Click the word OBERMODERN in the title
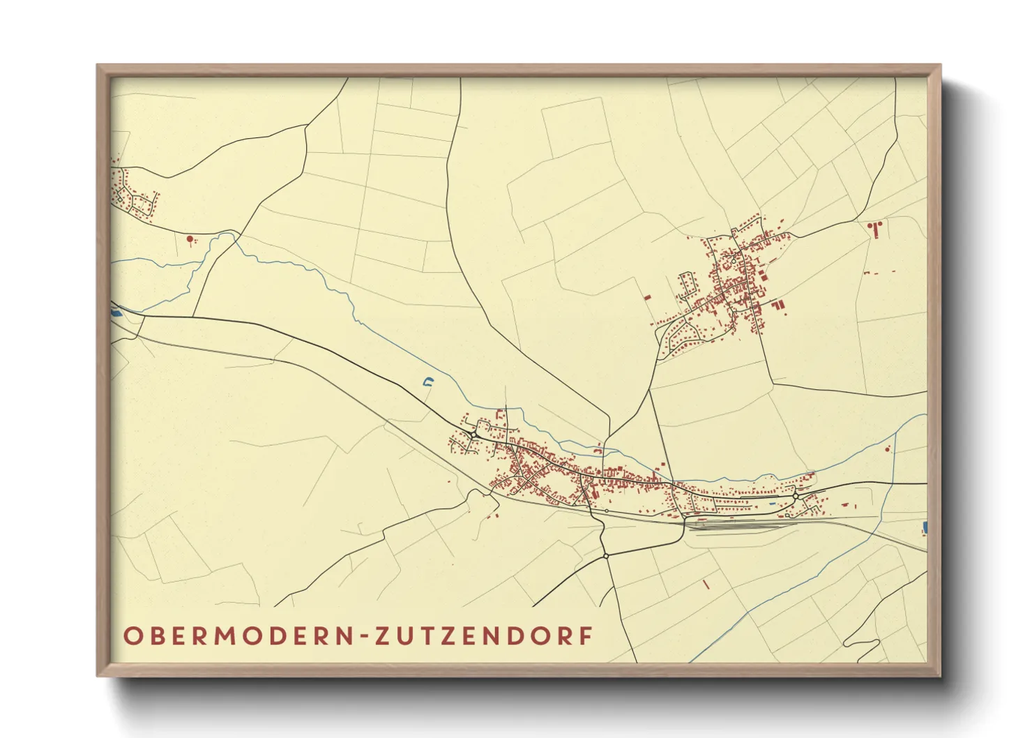[x=237, y=636]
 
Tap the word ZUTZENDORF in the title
[x=485, y=636]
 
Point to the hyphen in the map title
[x=365, y=637]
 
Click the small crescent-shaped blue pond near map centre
[x=428, y=381]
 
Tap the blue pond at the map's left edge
[x=116, y=310]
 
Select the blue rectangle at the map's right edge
[x=925, y=527]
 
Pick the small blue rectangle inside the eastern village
[x=771, y=502]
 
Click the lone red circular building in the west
[x=189, y=239]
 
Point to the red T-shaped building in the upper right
[x=874, y=227]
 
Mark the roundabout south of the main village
[x=607, y=555]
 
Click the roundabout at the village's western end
[x=474, y=435]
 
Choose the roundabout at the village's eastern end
[x=795, y=496]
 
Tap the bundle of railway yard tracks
[x=739, y=523]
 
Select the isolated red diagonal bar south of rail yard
[x=706, y=585]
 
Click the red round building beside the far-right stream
[x=888, y=449]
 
